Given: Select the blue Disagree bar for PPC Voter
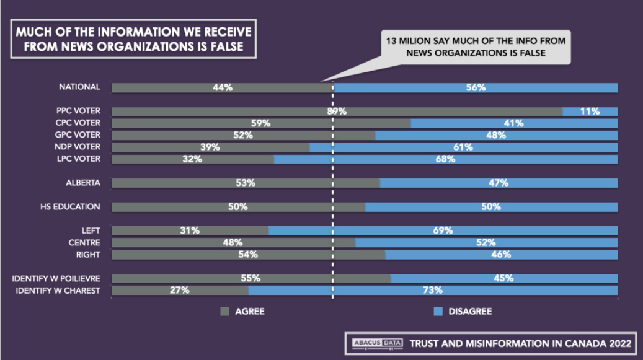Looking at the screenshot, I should [590, 112].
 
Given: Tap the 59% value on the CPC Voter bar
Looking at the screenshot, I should [260, 123].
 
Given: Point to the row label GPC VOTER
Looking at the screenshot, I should [80, 135].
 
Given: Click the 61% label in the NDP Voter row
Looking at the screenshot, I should [463, 147].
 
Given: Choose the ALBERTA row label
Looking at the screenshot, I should [84, 183].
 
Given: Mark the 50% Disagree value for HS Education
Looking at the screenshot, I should [490, 207].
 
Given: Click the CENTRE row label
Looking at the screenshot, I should [86, 243].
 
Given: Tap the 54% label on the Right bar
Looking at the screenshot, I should [248, 255].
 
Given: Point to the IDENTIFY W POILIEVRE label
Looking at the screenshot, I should [58, 278].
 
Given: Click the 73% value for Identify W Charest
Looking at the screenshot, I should [433, 290].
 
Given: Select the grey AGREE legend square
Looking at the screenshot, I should [224, 312].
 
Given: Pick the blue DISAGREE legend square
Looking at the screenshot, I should [438, 312].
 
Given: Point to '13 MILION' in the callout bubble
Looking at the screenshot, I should [406, 40].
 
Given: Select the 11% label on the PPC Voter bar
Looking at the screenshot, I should [590, 112].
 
